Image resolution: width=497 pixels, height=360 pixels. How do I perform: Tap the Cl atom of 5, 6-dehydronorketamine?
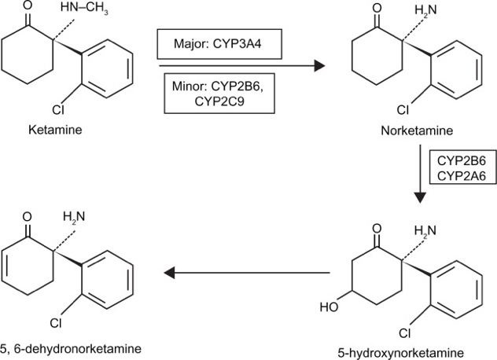[x=57, y=321]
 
